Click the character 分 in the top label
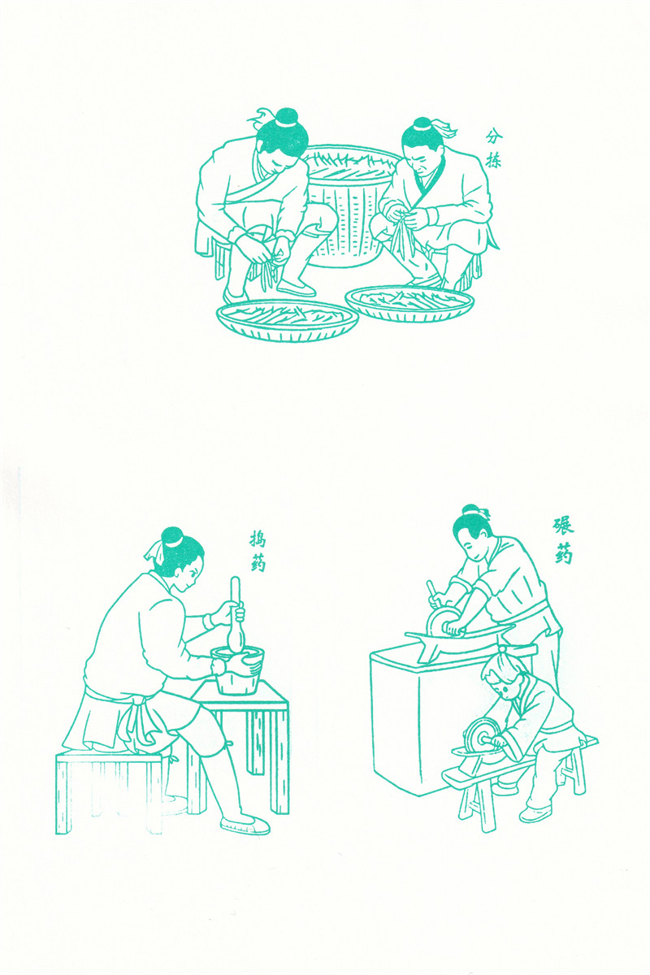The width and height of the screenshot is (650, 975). [x=494, y=137]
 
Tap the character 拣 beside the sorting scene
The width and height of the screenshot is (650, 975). [x=493, y=160]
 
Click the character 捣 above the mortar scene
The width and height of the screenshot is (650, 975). [x=258, y=540]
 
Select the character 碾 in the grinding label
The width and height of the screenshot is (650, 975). [x=563, y=526]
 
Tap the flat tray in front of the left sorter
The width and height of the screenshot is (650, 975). [x=288, y=320]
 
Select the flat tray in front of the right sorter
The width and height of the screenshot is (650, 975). [x=409, y=303]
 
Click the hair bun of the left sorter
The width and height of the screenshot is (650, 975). [x=287, y=116]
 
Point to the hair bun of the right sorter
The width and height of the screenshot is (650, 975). [x=422, y=123]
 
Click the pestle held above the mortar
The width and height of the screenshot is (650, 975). [x=236, y=615]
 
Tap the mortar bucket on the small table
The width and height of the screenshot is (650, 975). [x=237, y=669]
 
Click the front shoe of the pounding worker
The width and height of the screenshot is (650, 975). [x=245, y=825]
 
